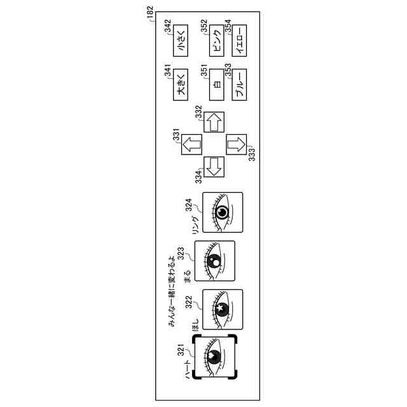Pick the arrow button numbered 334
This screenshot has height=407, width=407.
pos(214,166)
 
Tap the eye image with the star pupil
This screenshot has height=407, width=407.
pos(222,309)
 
